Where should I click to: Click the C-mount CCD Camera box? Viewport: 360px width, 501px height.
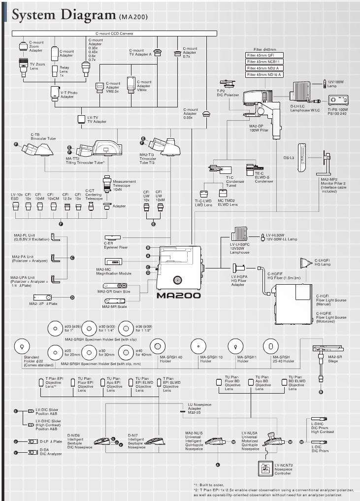tap(114, 33)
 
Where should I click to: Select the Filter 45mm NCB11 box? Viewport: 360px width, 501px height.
tap(268, 62)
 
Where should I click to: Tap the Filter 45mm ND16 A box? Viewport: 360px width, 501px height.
tap(268, 74)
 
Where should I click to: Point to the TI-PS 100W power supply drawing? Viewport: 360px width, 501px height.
tap(337, 101)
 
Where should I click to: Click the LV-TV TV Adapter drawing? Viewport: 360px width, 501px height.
tap(82, 120)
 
